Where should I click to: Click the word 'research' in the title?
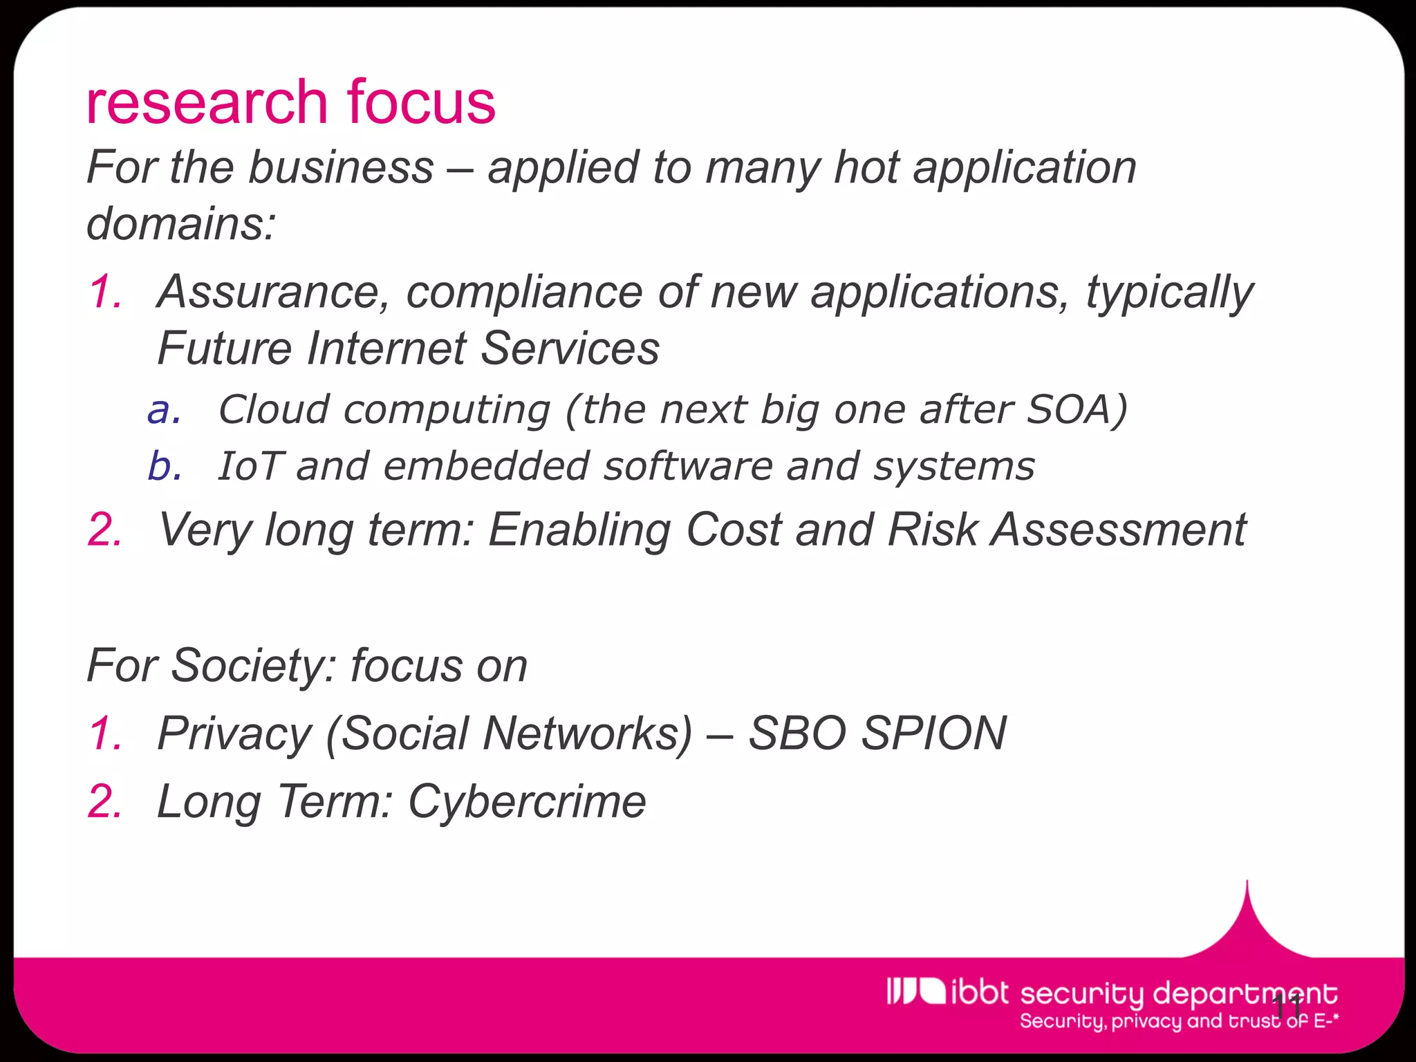click(206, 102)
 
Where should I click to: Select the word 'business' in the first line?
click(340, 168)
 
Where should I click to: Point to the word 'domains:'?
click(181, 224)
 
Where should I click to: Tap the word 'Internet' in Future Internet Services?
click(386, 348)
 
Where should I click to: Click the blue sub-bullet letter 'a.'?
click(165, 410)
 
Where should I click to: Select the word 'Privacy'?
click(235, 734)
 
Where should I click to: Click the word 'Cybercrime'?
click(527, 802)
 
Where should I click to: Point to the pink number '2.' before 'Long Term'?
click(106, 802)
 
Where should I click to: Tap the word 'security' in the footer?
click(1082, 994)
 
